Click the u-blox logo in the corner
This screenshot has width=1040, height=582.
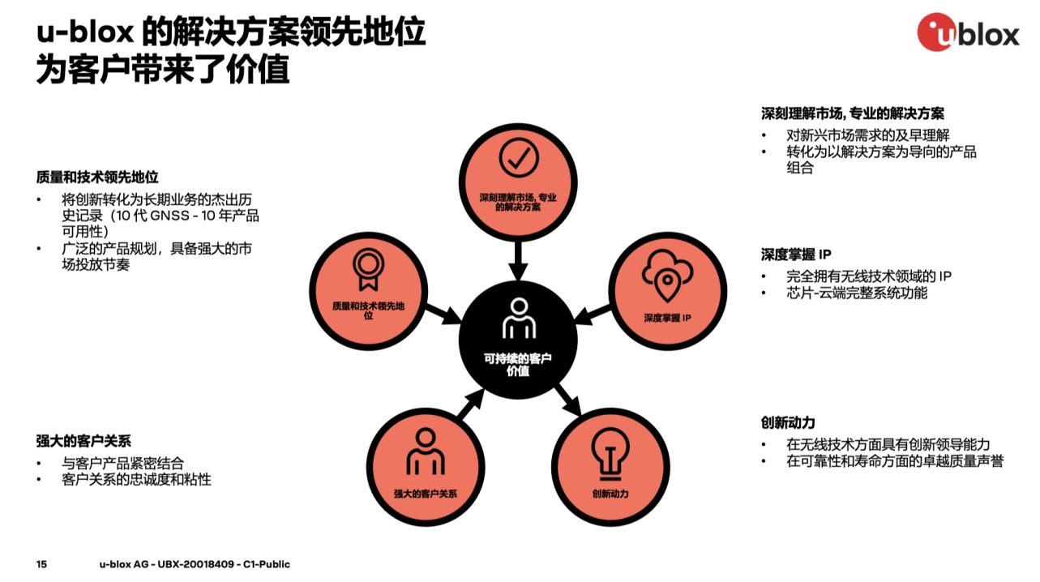pyautogui.click(x=968, y=32)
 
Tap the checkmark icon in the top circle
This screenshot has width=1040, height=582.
pyautogui.click(x=519, y=157)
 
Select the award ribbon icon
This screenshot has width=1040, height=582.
pyautogui.click(x=368, y=269)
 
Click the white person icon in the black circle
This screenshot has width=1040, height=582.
pyautogui.click(x=519, y=319)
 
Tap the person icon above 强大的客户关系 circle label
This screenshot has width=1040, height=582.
pyautogui.click(x=426, y=451)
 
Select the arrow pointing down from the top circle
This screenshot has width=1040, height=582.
pyautogui.click(x=518, y=260)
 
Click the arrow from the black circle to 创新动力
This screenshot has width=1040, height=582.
pyautogui.click(x=567, y=399)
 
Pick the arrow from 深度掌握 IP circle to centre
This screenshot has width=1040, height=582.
pyautogui.click(x=593, y=315)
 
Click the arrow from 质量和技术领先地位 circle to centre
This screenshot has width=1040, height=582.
pyautogui.click(x=443, y=315)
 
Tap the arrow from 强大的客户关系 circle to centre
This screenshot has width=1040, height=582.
pyautogui.click(x=470, y=404)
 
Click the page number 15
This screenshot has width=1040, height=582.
pyautogui.click(x=41, y=564)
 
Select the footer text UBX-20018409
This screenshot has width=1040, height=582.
pyautogui.click(x=195, y=564)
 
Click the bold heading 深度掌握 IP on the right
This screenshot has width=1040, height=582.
pyautogui.click(x=796, y=255)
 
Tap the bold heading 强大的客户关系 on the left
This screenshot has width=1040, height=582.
pyautogui.click(x=83, y=441)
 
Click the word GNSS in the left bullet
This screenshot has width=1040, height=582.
pyautogui.click(x=169, y=216)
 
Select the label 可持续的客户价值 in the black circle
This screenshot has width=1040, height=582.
pyautogui.click(x=518, y=365)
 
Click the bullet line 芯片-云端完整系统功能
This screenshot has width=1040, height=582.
pyautogui.click(x=857, y=293)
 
